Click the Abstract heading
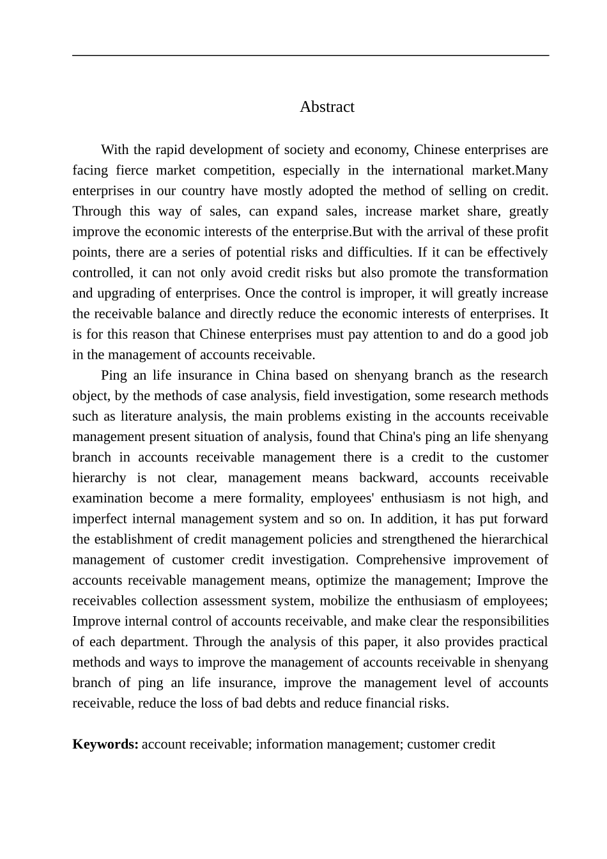(x=327, y=107)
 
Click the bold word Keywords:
(x=105, y=744)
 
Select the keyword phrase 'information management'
(x=327, y=744)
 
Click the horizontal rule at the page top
(x=311, y=56)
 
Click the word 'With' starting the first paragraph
(x=115, y=150)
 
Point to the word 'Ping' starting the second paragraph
(x=114, y=375)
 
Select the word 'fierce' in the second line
(x=131, y=170)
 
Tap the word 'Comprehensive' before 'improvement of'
(x=401, y=559)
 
